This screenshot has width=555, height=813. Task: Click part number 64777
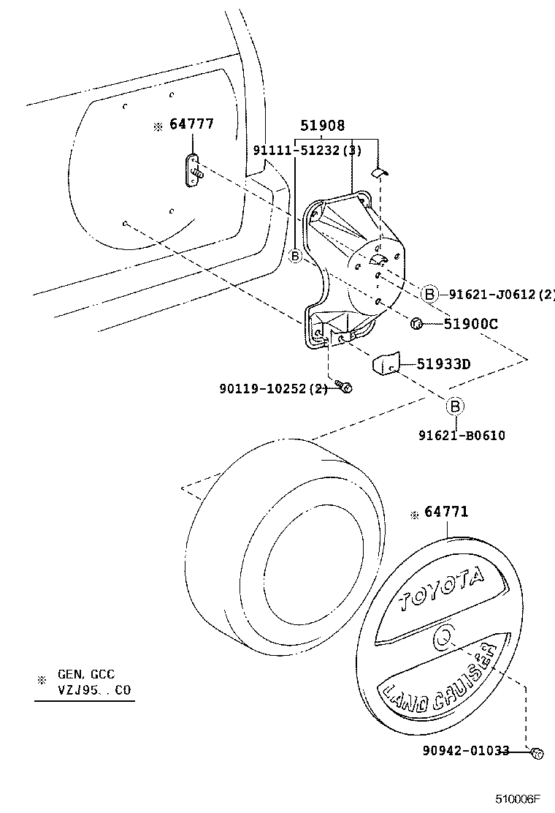click(191, 124)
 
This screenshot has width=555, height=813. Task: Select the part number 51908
click(321, 126)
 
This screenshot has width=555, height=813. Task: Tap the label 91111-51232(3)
click(307, 150)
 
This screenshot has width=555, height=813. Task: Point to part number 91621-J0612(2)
click(501, 295)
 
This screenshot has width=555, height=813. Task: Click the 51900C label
click(470, 324)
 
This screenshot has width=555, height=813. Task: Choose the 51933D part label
click(443, 364)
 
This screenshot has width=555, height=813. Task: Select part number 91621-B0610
click(462, 435)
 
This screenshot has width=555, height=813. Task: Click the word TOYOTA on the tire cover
click(441, 589)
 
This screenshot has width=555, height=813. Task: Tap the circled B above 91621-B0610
click(453, 406)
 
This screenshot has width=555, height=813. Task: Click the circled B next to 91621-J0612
click(429, 295)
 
